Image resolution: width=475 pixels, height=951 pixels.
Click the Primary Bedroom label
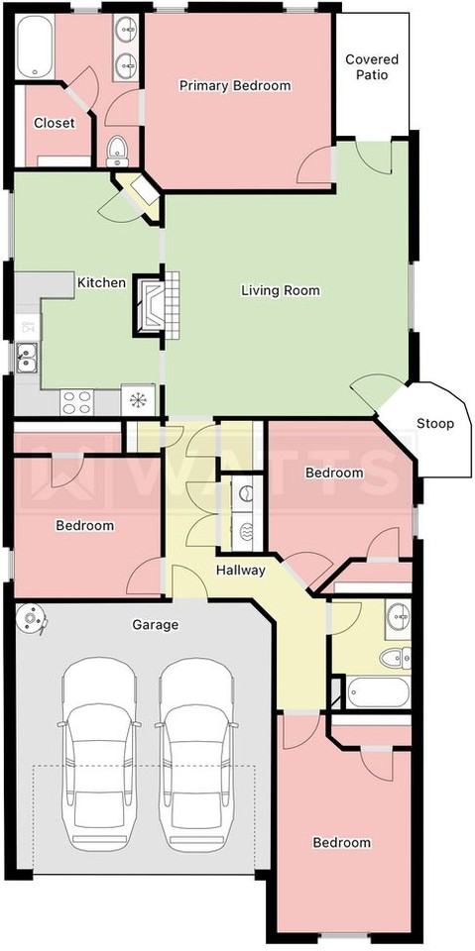point(234,85)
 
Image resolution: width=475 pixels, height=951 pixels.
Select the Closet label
point(55,123)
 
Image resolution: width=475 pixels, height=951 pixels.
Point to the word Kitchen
point(101,282)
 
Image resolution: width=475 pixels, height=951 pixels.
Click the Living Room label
point(280,290)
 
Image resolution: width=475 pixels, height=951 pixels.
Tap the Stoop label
point(435,423)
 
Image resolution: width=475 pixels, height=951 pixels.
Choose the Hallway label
point(241,571)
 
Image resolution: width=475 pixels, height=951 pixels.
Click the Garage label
point(157,624)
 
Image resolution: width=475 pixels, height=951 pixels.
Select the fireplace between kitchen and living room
point(157,305)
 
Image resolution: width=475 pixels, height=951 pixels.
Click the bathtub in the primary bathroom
point(36,47)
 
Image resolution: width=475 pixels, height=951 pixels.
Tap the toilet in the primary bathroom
point(117,151)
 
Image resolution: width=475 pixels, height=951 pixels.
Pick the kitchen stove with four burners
point(77,401)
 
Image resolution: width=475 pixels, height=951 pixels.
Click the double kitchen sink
point(27,357)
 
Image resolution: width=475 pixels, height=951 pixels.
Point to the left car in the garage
point(99,754)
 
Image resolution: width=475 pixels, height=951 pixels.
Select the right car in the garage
point(196,754)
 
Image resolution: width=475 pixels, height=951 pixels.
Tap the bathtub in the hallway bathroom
point(379,692)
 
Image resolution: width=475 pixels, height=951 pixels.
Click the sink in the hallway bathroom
point(398,616)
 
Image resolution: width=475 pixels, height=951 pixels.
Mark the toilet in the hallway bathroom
point(396,658)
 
